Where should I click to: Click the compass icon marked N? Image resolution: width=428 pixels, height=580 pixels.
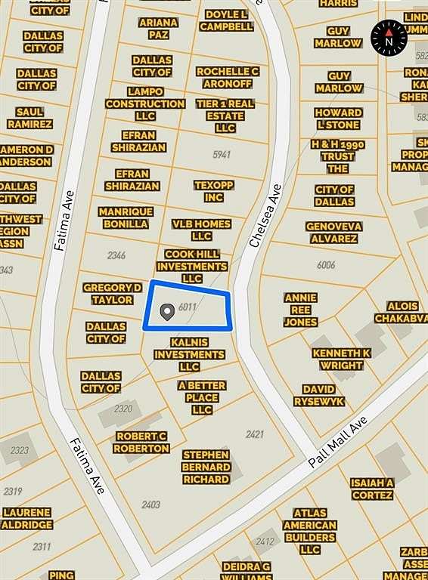point(389,37)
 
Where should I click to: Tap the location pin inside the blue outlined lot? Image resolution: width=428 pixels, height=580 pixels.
point(166,310)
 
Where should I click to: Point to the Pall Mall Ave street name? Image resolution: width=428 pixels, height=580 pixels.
point(339,442)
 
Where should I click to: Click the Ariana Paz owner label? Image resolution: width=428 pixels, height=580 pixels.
point(158,29)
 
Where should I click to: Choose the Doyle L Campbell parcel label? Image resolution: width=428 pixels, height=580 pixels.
point(226,20)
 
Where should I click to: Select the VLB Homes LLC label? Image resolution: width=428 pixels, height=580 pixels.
point(201,230)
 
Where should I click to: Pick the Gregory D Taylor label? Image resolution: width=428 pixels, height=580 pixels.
point(112,294)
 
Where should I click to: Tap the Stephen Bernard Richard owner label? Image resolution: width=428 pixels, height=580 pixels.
point(206,467)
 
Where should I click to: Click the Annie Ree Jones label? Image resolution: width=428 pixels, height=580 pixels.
point(300,310)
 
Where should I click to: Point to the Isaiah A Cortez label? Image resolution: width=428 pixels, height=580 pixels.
point(371,489)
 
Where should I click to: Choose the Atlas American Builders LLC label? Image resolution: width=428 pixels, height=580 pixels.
point(309,531)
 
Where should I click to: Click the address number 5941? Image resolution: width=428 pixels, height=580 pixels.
point(222,155)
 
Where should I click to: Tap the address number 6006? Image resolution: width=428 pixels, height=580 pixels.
point(326,264)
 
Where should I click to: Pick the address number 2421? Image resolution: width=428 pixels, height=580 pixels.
point(255,434)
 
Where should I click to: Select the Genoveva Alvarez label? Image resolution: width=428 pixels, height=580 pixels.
point(333,232)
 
